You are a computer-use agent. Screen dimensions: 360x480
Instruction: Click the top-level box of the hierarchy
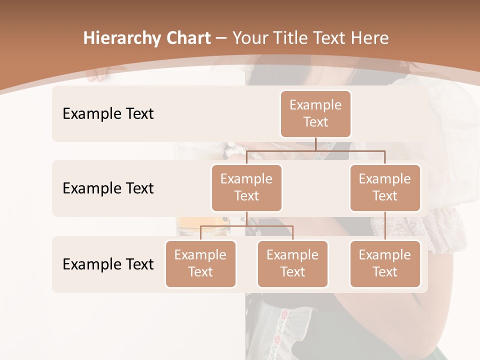[315, 113]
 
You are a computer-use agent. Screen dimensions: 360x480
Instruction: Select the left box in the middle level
[246, 187]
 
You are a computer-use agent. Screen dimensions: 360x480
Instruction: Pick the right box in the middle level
[385, 187]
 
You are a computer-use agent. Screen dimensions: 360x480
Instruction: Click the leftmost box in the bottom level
[200, 263]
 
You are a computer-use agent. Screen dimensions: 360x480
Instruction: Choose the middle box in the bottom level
[292, 263]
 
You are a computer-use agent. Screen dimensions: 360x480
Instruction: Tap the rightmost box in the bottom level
[385, 263]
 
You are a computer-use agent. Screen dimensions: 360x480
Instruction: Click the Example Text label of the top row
[108, 113]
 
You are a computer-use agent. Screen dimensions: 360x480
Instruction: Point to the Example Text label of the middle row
[108, 188]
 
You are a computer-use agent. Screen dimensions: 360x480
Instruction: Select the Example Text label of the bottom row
[108, 264]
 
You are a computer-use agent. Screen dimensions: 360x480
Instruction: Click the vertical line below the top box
[315, 144]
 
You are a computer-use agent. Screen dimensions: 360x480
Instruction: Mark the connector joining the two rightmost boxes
[385, 226]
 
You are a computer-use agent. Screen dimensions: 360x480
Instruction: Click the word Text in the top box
[315, 122]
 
